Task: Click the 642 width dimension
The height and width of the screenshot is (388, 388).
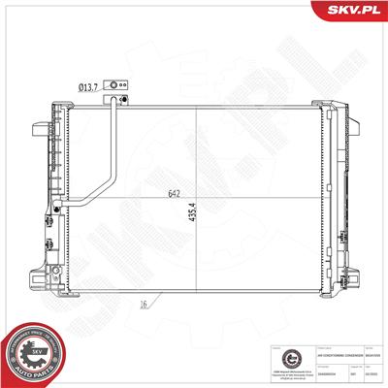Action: [176, 194]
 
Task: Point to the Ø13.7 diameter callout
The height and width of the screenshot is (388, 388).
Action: [88, 86]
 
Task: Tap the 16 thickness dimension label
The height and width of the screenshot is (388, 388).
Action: [143, 305]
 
